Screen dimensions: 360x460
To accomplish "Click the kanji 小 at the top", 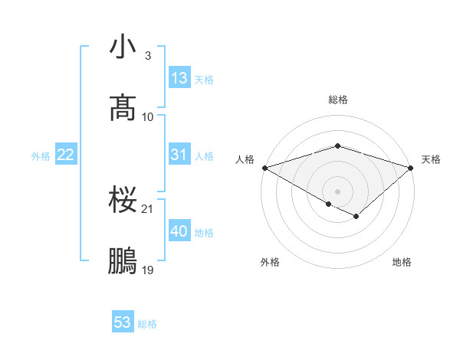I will [123, 47].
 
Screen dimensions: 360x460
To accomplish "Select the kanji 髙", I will [123, 108].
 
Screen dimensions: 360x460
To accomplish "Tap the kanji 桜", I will [123, 201].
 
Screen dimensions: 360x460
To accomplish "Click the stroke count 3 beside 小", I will [148, 56].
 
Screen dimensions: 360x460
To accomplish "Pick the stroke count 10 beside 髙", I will [148, 116].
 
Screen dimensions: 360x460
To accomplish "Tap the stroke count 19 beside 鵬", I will [148, 270].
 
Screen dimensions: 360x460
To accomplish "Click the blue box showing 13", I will [179, 78].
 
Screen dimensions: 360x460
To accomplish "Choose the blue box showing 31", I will [179, 155].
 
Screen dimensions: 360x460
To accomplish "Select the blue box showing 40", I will [179, 231].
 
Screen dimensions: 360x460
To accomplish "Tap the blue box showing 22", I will [66, 155].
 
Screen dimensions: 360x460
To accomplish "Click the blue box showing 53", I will [123, 322].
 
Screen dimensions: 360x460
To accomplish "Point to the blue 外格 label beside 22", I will [41, 156].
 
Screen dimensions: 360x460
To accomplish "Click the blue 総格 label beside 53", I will [147, 324].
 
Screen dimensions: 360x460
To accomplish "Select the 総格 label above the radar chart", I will [337, 100].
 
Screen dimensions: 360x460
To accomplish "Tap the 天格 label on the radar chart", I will [432, 159].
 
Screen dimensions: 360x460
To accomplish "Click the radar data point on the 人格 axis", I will [264, 167].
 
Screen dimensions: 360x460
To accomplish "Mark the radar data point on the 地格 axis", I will [356, 217].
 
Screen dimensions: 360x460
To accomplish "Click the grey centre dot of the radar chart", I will [337, 191].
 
